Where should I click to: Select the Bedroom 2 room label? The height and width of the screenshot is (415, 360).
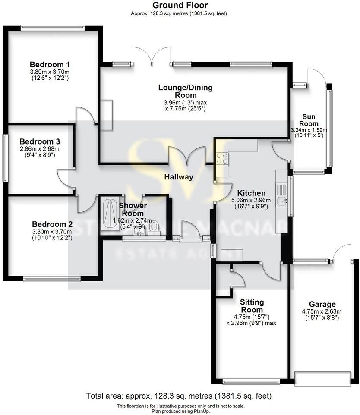click(x=52, y=224)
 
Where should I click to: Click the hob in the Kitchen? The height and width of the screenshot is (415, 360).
click(x=222, y=159)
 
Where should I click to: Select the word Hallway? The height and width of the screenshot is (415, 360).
click(x=178, y=177)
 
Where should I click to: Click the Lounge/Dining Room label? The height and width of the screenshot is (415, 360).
click(x=185, y=91)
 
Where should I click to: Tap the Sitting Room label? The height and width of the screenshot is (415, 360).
click(x=252, y=306)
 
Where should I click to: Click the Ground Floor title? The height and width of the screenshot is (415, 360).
click(x=180, y=6)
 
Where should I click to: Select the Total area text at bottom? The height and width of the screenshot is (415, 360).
click(x=179, y=396)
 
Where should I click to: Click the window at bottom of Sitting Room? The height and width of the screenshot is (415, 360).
click(x=251, y=381)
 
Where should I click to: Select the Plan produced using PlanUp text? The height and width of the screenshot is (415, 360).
click(x=180, y=411)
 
